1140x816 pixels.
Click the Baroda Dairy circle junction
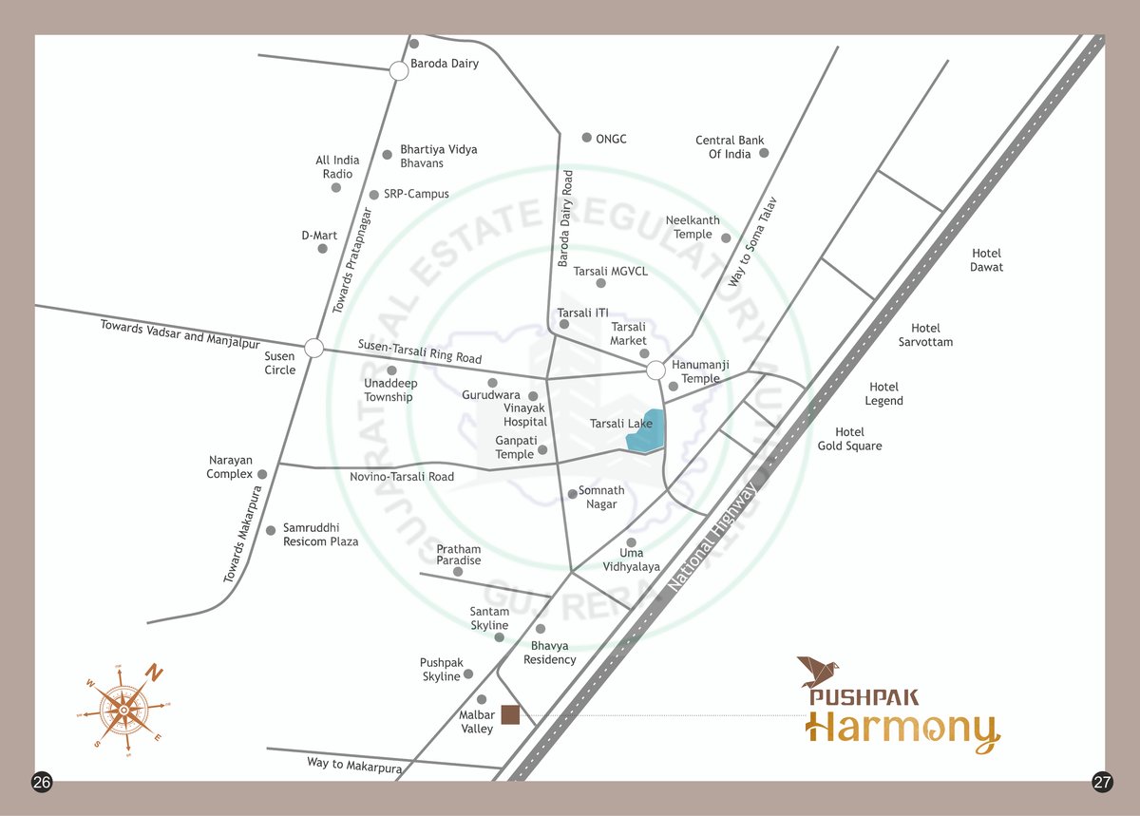(x=399, y=70)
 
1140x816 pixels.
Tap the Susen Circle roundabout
(x=314, y=348)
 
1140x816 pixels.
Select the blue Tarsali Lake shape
(x=646, y=433)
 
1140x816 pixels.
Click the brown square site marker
(x=511, y=715)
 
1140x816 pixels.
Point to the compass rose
(x=123, y=709)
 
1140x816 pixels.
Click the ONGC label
(x=611, y=139)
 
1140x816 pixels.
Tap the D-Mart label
(x=319, y=236)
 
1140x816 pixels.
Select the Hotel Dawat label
(x=986, y=260)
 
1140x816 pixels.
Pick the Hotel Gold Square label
(x=849, y=439)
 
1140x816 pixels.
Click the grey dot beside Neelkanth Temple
(x=726, y=237)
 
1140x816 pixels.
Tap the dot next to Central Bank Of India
(x=764, y=152)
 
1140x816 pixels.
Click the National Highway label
(x=713, y=539)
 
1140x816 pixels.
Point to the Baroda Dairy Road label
(x=565, y=218)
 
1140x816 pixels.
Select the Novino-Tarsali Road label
(x=402, y=477)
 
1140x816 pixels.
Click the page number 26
(x=42, y=783)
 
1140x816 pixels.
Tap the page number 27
(x=1102, y=783)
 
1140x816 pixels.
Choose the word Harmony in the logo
(x=902, y=731)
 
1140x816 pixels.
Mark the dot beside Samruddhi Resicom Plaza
(x=271, y=530)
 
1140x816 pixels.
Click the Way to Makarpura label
(x=354, y=765)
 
